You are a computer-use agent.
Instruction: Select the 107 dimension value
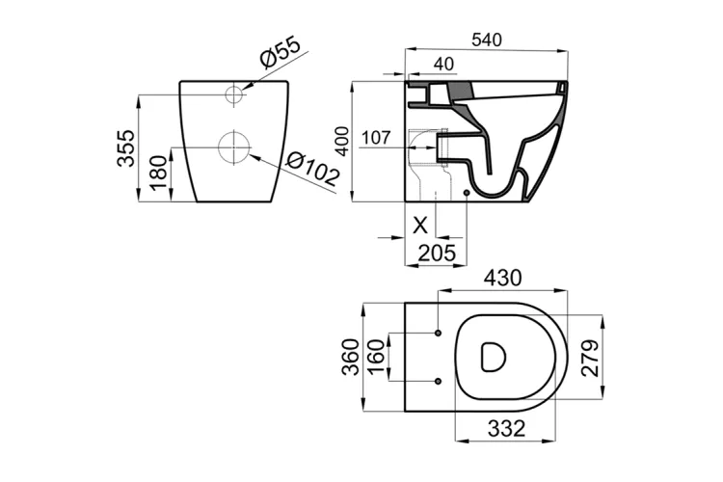[376, 138]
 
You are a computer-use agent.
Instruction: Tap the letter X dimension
[419, 226]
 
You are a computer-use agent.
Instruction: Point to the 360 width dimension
[352, 357]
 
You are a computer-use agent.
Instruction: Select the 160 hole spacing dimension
[377, 358]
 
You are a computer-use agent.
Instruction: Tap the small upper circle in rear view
[233, 94]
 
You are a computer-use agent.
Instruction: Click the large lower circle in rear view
[233, 148]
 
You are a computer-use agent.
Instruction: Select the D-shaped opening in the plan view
[493, 358]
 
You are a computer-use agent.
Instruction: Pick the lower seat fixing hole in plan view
[439, 380]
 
